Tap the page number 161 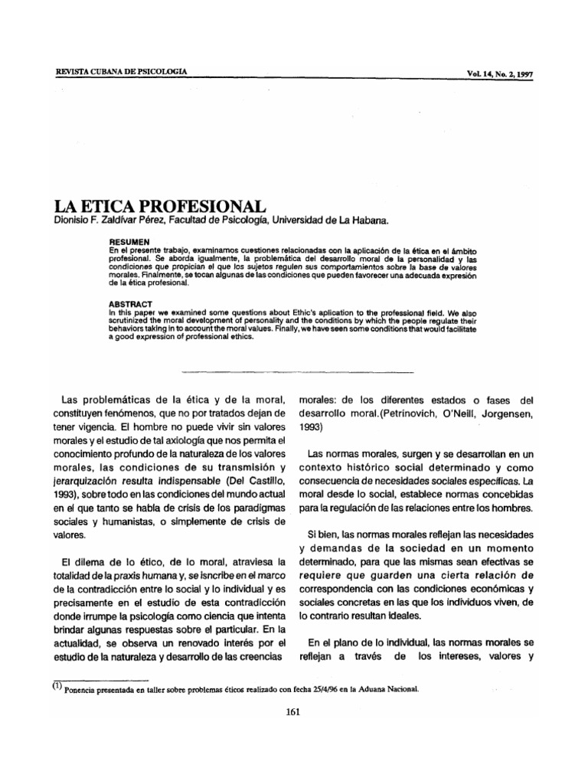click(x=290, y=711)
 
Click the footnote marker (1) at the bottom click(x=56, y=685)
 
